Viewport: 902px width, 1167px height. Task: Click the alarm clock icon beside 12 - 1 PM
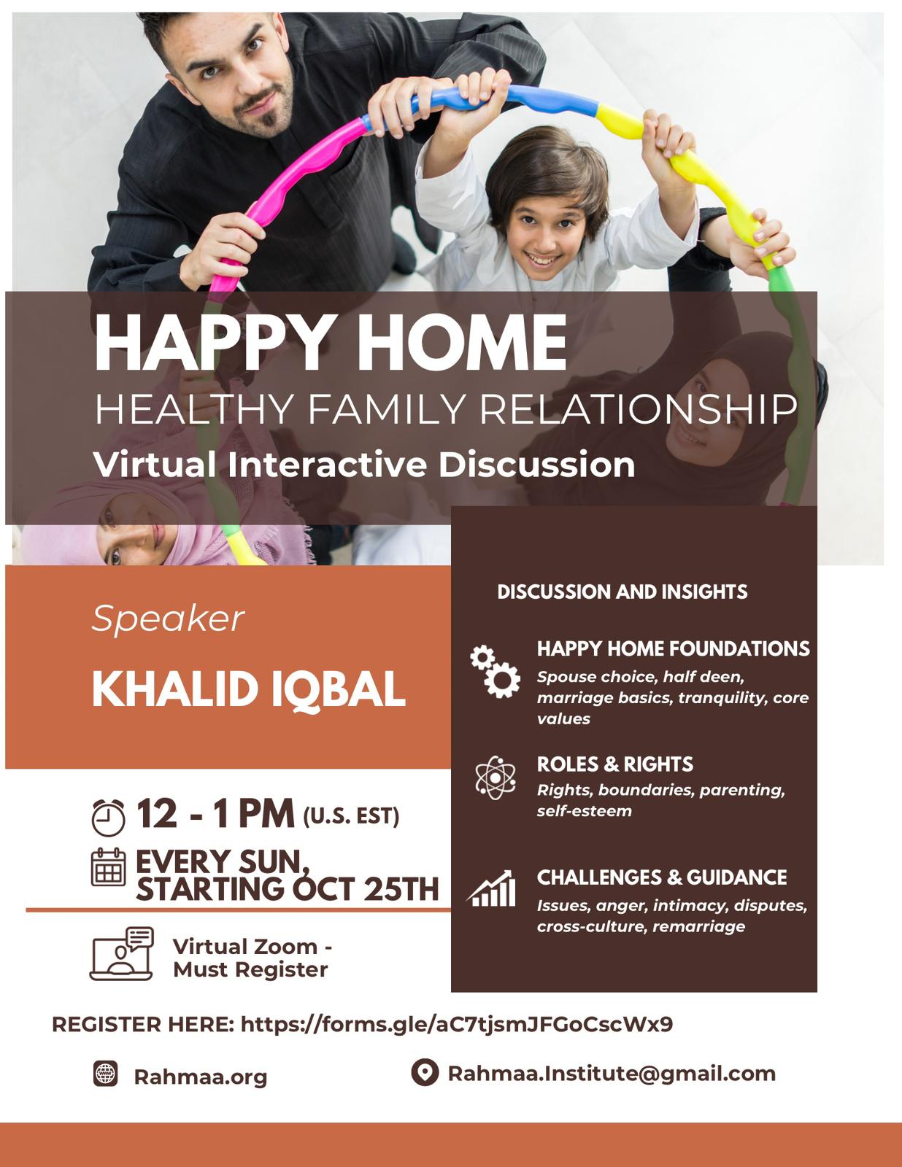click(108, 817)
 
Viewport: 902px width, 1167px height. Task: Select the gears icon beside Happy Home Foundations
click(495, 671)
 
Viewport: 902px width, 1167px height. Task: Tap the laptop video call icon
click(121, 954)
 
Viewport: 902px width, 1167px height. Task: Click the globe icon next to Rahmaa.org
click(105, 1074)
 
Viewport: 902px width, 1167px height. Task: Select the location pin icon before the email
click(425, 1072)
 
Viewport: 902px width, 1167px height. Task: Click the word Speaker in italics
click(168, 620)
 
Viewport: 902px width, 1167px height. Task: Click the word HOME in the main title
click(461, 342)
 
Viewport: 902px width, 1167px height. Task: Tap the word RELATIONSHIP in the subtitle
click(639, 409)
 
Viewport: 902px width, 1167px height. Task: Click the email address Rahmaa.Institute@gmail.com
click(612, 1074)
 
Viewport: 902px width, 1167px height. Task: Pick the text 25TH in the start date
click(401, 889)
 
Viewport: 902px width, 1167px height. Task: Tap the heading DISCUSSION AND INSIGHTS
click(622, 592)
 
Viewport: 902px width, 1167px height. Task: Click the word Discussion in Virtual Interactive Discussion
click(536, 465)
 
